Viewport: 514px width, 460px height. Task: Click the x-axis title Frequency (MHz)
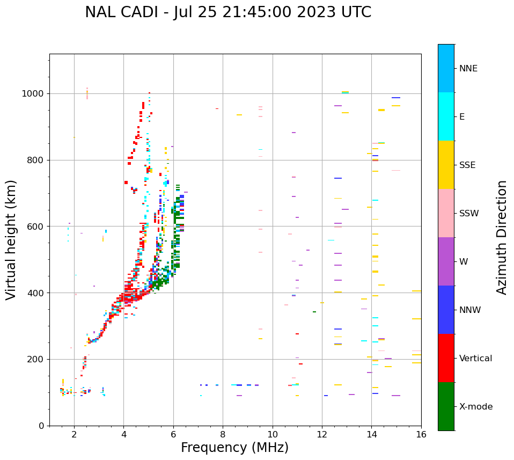click(x=234, y=448)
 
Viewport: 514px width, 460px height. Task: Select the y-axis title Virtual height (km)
click(x=11, y=239)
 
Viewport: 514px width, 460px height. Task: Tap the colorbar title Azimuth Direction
click(x=502, y=237)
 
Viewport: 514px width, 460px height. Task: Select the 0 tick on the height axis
click(x=41, y=426)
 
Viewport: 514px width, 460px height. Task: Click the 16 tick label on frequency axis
click(x=421, y=434)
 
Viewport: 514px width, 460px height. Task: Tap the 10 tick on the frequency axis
click(x=273, y=434)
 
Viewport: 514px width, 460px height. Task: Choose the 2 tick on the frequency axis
click(x=74, y=434)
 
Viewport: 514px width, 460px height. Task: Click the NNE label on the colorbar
click(x=468, y=69)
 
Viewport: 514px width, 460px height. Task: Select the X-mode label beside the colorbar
click(x=476, y=407)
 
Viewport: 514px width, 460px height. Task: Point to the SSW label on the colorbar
click(x=469, y=214)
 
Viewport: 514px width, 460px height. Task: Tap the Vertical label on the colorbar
click(x=476, y=359)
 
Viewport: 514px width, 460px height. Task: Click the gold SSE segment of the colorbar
click(x=446, y=165)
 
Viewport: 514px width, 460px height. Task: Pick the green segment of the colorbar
click(x=446, y=406)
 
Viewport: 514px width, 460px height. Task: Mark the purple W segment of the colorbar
click(x=446, y=261)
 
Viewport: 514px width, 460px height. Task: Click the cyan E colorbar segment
click(x=446, y=116)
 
